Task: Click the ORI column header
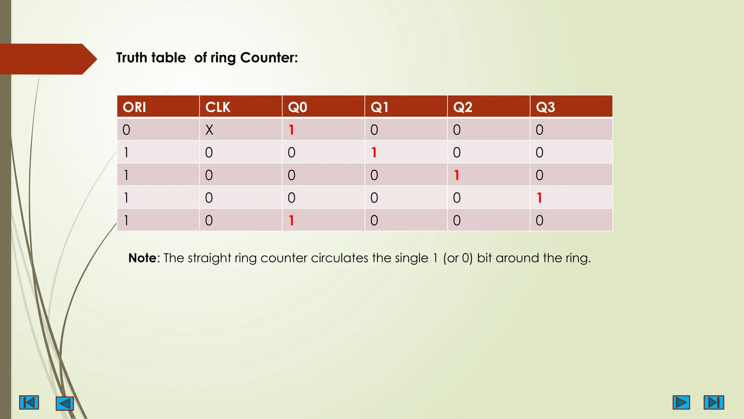[x=134, y=107]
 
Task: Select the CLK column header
[x=218, y=107]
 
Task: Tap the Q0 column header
[x=298, y=107]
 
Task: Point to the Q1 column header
[x=380, y=107]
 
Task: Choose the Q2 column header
[x=463, y=107]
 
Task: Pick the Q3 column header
[x=545, y=107]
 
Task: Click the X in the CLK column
[x=209, y=130]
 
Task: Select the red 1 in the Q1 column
[x=374, y=152]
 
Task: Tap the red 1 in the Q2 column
[x=457, y=175]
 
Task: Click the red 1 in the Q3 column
[x=539, y=198]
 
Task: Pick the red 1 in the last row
[x=291, y=220]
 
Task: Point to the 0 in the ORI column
[x=126, y=130]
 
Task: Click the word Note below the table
[x=142, y=258]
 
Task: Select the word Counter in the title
[x=269, y=57]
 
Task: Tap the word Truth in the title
[x=132, y=57]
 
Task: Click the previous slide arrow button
[x=65, y=403]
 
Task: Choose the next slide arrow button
[x=681, y=402]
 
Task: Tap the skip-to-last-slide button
[x=713, y=402]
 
